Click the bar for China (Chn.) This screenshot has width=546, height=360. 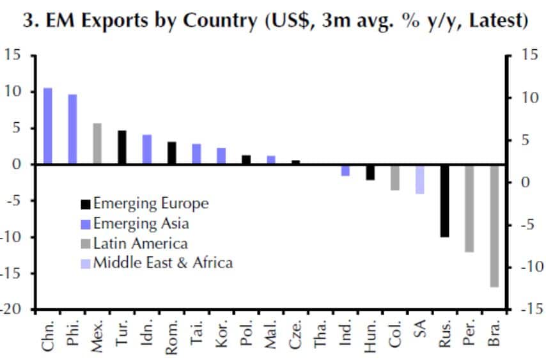click(48, 126)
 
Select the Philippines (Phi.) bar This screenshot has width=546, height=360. click(73, 129)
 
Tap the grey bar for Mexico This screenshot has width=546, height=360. click(98, 143)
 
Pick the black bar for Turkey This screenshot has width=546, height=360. click(122, 147)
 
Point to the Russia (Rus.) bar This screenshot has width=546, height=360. click(444, 201)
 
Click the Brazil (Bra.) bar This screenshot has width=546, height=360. click(494, 226)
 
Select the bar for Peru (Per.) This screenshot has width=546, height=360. click(469, 208)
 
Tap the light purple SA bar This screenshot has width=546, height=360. click(420, 179)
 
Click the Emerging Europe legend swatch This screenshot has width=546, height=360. click(85, 205)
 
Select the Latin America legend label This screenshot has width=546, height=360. click(140, 243)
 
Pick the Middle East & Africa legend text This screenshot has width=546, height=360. click(162, 263)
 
